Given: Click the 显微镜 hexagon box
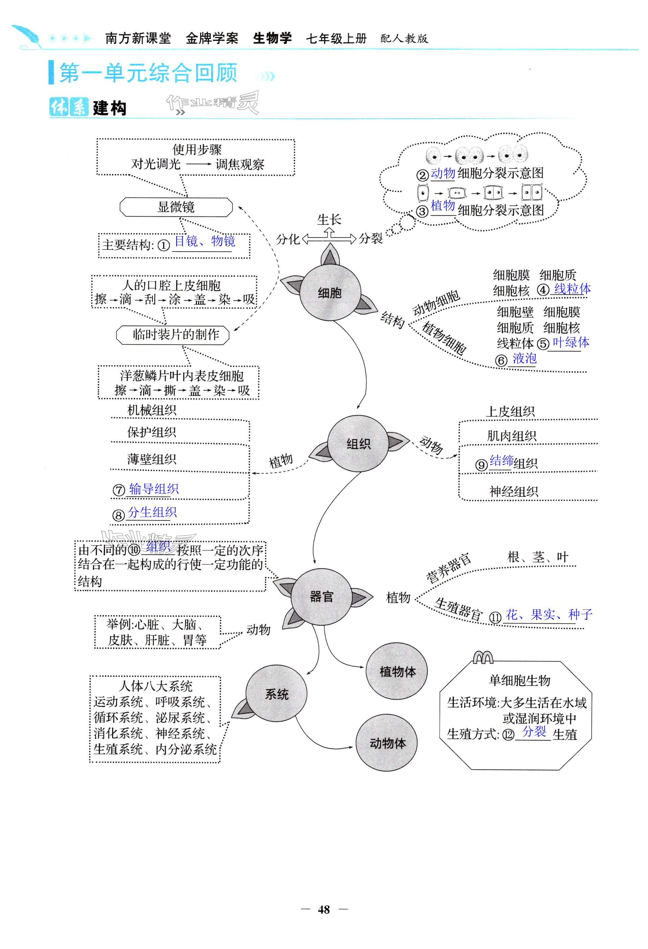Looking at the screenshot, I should [176, 207].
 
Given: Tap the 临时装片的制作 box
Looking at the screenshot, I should [173, 335].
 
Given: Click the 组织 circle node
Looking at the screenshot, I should [358, 444].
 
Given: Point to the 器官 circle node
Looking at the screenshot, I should [321, 597].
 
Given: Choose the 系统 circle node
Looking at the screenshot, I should [276, 694].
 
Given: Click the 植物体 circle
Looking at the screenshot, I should [397, 672].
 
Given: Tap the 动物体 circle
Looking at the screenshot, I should [387, 743].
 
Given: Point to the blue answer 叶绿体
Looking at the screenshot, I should [571, 342].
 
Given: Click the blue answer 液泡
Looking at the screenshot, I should [524, 358].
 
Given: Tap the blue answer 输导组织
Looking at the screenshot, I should [153, 489].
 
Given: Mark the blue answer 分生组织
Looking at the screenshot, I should [152, 512].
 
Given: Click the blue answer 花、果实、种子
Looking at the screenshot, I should [549, 614].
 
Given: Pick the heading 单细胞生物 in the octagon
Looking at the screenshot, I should [519, 680].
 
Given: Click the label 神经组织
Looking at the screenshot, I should [513, 491].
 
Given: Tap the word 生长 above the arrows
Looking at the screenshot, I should [329, 220].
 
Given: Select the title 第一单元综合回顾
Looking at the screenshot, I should [149, 73].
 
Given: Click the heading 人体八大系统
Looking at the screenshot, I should [155, 686].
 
